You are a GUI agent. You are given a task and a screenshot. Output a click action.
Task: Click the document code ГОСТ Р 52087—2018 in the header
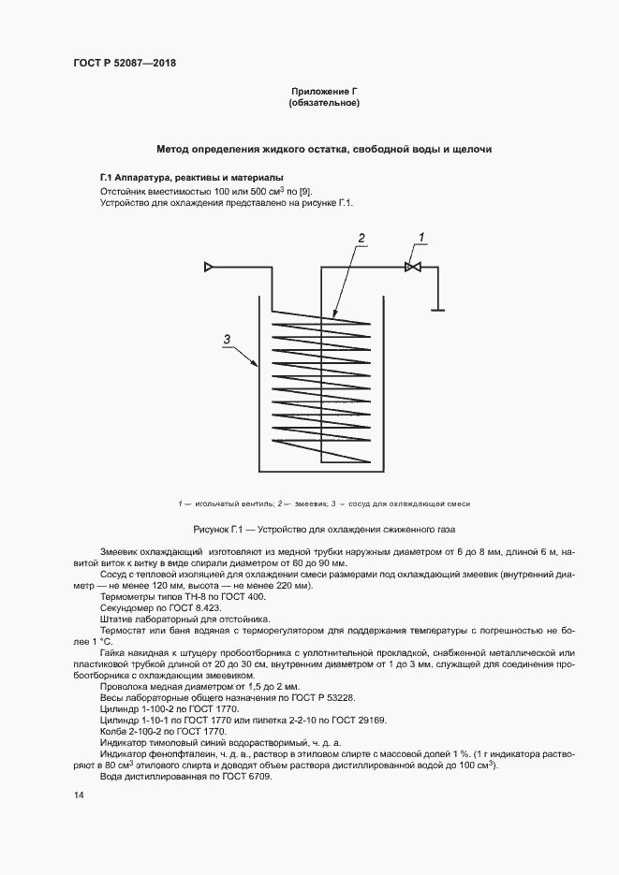click(125, 63)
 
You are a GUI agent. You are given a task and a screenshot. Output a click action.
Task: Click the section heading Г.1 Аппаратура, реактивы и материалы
click(192, 177)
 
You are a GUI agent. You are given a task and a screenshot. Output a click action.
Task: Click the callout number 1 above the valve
click(420, 237)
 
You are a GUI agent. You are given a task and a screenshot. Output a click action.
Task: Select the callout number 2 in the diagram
click(361, 237)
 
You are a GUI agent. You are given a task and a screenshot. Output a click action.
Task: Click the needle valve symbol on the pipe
click(412, 268)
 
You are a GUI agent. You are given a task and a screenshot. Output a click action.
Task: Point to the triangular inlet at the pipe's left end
click(210, 268)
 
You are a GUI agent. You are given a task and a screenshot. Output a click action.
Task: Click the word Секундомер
click(130, 606)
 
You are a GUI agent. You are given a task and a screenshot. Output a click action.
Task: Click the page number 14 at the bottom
click(79, 795)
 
